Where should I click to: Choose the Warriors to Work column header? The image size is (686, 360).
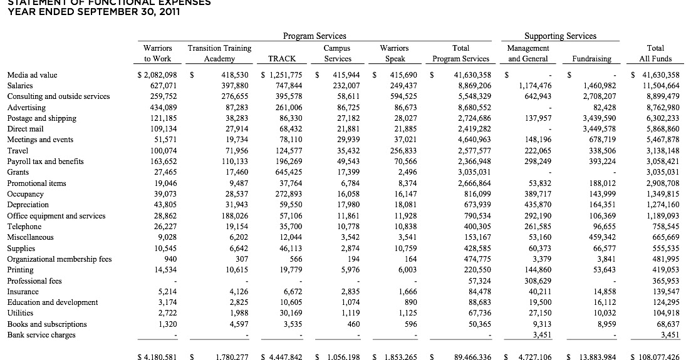158,53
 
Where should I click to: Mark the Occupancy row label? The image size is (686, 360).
25,193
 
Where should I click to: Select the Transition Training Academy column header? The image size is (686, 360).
220,53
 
